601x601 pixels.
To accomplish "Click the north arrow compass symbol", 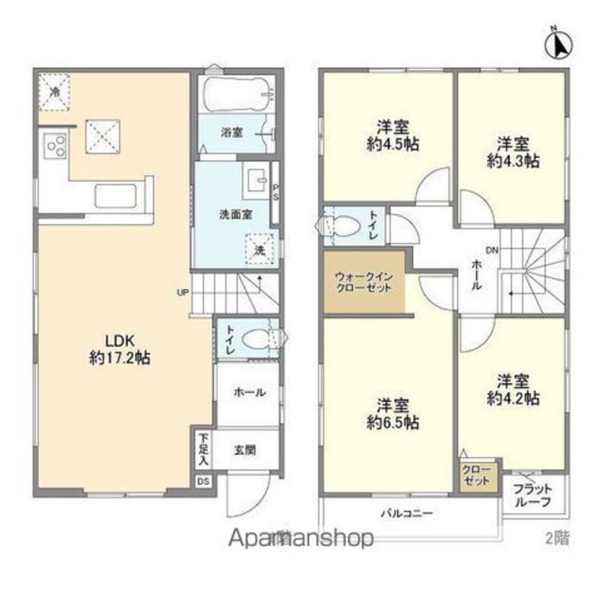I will pos(560,44).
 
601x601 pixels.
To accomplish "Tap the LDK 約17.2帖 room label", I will pos(118,349).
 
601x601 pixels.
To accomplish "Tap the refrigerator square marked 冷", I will pos(54,91).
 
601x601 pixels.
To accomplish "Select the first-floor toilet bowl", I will pos(255,341).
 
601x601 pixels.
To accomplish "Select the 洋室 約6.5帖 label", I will pos(394,413).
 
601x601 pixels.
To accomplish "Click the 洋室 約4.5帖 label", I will pos(394,136).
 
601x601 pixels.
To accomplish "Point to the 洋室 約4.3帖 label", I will pos(513,153).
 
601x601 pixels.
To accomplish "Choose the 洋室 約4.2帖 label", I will pos(513,389).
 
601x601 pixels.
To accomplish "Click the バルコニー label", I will pos(409,514).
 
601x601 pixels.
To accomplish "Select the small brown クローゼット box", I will pos(479,475).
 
